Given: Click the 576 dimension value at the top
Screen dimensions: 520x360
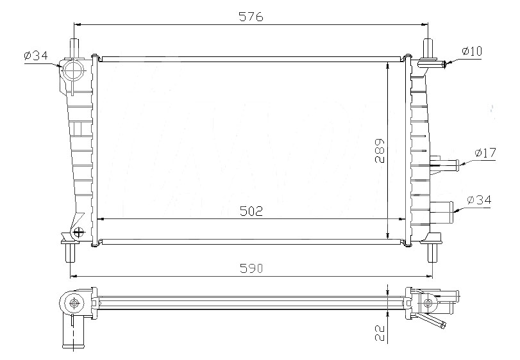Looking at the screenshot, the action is point(251,17).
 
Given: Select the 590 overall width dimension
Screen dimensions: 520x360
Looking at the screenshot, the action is point(251,268).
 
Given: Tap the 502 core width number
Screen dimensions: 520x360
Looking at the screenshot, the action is point(251,211).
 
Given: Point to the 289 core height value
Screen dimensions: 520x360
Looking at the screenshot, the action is point(380,151).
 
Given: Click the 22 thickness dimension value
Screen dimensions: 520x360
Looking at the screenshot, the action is point(380,333).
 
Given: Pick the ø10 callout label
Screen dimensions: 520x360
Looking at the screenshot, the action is point(471,51).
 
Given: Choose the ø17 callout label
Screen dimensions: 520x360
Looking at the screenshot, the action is point(485,152).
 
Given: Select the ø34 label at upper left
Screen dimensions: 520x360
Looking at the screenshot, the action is point(36,55).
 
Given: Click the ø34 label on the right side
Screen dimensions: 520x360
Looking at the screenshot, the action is point(479,200).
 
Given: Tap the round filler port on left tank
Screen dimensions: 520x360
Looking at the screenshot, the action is point(74,70).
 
